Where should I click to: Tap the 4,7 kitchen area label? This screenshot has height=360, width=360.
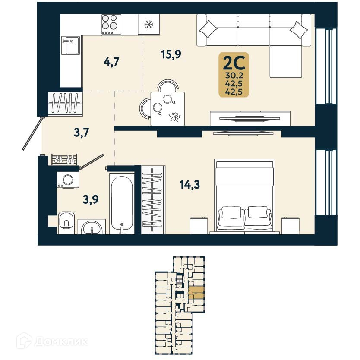coord(111,62)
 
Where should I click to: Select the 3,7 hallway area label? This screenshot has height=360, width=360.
coord(81,133)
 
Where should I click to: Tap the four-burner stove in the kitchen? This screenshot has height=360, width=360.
coord(111,24)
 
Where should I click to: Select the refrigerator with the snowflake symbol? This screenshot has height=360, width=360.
coord(148,24)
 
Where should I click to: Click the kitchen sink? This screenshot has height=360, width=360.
coord(69,45)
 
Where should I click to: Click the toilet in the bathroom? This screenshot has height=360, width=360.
coord(66,221)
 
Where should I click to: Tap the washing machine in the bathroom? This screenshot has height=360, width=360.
coord(68,180)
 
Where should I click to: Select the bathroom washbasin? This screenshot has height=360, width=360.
coord(92,227)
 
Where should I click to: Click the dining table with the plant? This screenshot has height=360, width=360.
coord(167,108)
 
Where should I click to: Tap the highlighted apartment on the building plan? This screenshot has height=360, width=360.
coord(197,293)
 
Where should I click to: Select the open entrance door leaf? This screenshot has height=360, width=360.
coord(32,134)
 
